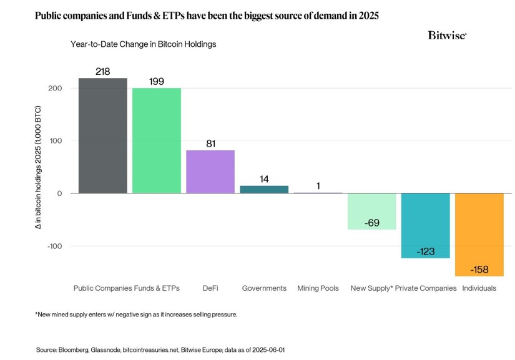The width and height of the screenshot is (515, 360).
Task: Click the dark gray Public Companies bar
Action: coord(103,135)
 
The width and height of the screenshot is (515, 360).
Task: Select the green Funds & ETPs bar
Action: coord(157,140)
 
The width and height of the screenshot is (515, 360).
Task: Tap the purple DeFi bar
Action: coord(210,172)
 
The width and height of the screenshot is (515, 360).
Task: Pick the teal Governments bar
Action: coord(264,189)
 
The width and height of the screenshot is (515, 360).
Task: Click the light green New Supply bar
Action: coord(371,211)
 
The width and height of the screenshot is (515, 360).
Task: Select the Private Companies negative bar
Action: coord(425,225)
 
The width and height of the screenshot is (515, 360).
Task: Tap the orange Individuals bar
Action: coord(479,234)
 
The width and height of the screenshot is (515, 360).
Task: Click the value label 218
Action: coord(103,72)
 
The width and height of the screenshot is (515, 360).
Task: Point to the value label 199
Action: coord(157,82)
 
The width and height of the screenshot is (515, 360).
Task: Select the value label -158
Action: coord(479,270)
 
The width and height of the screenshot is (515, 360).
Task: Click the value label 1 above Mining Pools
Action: coord(318,186)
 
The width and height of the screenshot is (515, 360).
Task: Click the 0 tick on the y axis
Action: coord(59,193)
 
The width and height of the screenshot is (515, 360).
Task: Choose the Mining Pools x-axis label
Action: coord(318,288)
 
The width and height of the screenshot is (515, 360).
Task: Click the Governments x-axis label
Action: coord(264,288)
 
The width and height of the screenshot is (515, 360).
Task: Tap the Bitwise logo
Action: coord(447,36)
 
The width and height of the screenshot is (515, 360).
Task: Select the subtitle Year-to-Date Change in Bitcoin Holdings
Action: coord(144,44)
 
